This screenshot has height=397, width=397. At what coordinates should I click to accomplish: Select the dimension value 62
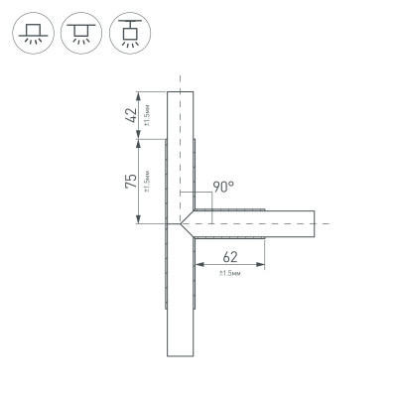[230, 253]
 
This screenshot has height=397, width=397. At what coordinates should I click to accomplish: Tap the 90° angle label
[223, 186]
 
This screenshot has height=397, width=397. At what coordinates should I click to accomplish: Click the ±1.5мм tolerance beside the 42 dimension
[146, 114]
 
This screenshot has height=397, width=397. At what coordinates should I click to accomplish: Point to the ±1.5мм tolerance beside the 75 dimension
[147, 183]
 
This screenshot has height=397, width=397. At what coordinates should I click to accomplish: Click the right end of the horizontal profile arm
[315, 224]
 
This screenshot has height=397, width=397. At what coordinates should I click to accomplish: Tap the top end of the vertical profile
[180, 92]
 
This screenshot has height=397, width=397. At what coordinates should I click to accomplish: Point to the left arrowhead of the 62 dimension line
[197, 264]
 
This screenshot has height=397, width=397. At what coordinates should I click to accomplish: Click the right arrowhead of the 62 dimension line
[263, 264]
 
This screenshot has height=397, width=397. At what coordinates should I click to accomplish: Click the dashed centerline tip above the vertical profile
[180, 74]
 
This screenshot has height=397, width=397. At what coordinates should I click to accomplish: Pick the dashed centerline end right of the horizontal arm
[329, 224]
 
